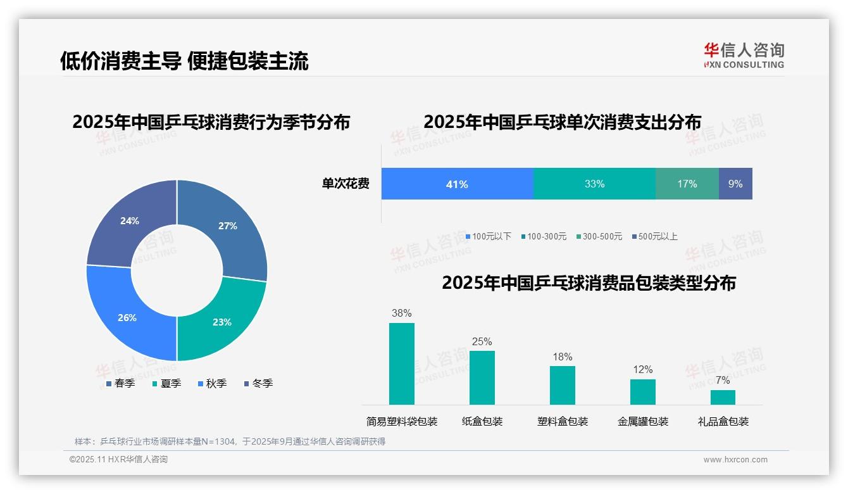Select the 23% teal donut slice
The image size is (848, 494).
tap(221, 322)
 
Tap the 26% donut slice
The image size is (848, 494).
tap(127, 317)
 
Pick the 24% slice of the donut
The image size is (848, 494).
tap(130, 221)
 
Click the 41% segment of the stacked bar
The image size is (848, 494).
tap(457, 184)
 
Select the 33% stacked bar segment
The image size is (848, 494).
tap(594, 184)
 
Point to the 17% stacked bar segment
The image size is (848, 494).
tap(687, 184)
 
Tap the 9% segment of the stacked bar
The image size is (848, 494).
tap(735, 184)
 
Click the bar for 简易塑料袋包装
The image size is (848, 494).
tap(402, 364)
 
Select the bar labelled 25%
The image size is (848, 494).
tap(482, 377)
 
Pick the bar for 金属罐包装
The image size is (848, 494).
tap(643, 391)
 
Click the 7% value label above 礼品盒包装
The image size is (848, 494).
tap(723, 381)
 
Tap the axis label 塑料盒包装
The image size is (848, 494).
tap(563, 422)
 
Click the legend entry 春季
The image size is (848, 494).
tap(120, 384)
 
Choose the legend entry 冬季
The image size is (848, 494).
tap(258, 384)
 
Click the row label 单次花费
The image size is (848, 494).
tap(346, 184)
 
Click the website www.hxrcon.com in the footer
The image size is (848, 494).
tap(735, 460)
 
